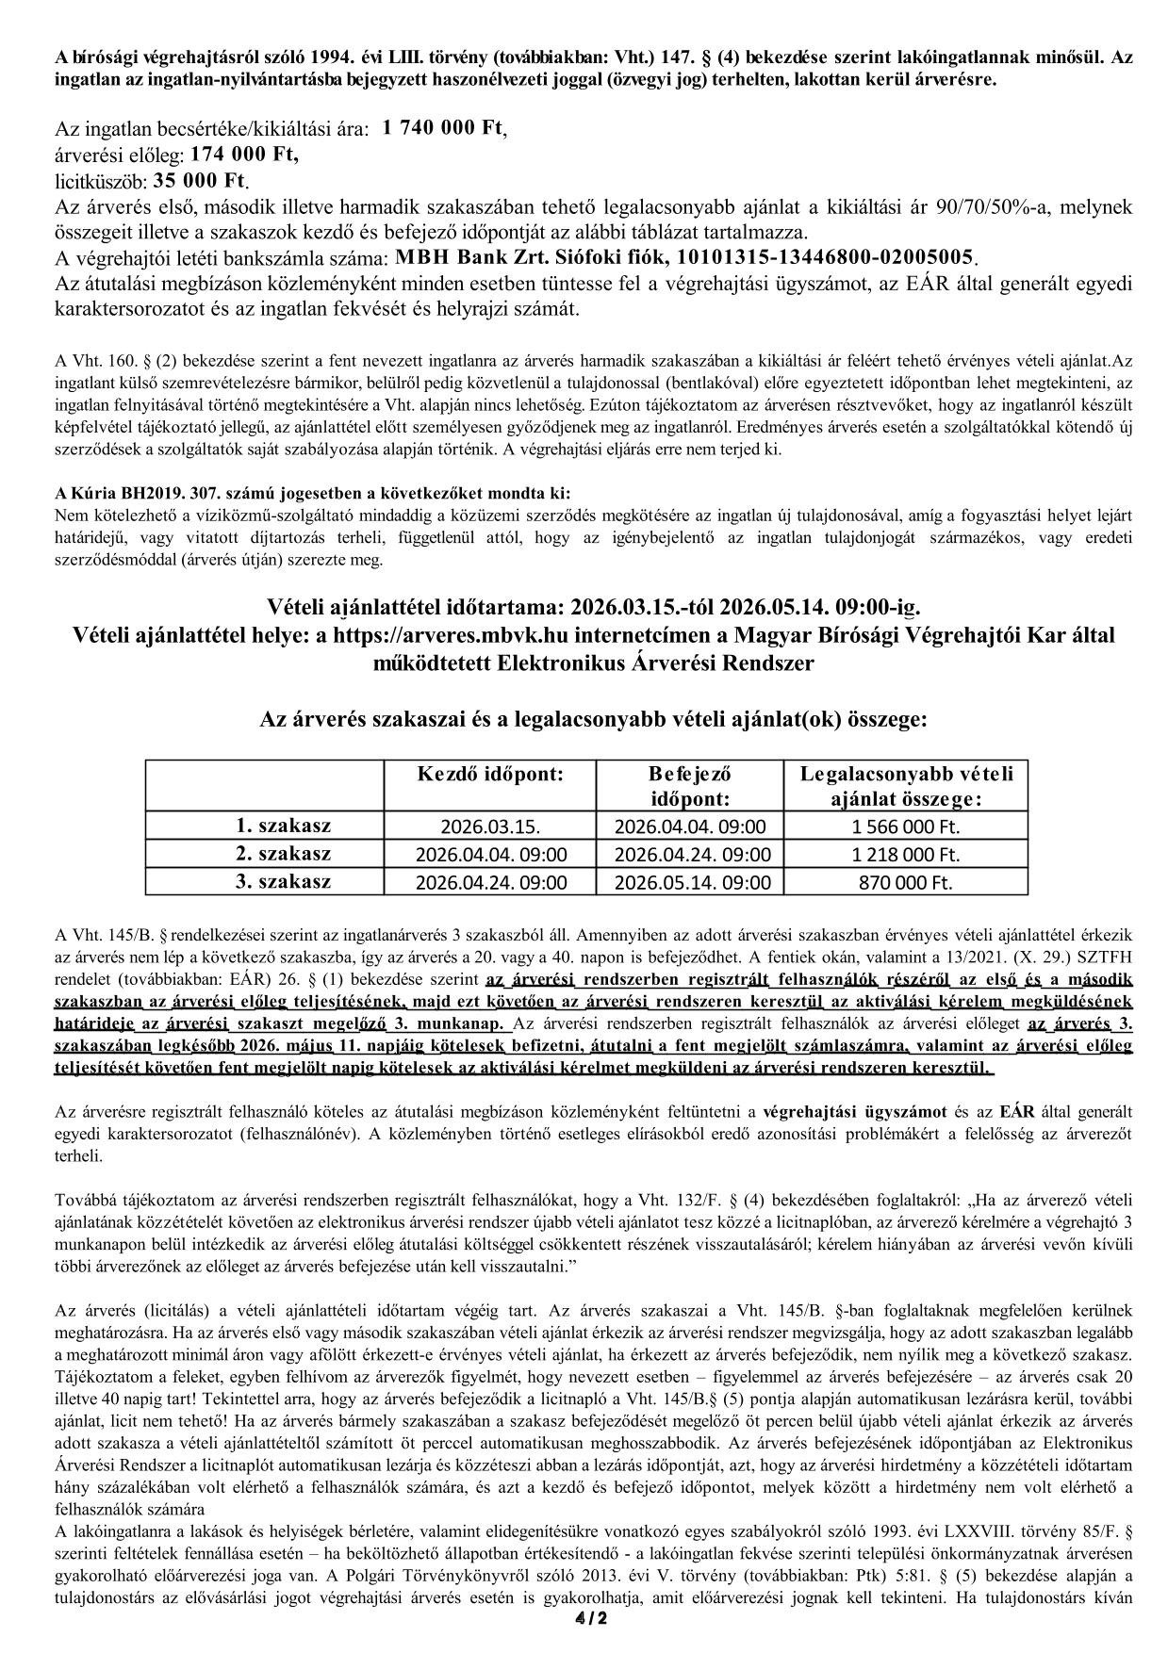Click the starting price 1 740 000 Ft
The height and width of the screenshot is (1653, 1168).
pos(443,129)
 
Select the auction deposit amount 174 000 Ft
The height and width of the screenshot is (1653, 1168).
pos(244,154)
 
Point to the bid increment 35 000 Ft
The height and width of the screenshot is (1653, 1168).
pos(198,179)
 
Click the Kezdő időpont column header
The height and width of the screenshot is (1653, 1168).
pos(490,775)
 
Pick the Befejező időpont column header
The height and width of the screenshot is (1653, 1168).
pos(691,786)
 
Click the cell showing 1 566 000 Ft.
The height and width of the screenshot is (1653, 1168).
pos(904,827)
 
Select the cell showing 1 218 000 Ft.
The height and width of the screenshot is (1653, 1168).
pos(904,855)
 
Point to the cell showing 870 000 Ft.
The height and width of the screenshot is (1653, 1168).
pos(904,883)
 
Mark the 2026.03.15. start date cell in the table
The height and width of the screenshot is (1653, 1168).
pos(490,827)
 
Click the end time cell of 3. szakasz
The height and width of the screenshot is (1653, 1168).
pos(691,883)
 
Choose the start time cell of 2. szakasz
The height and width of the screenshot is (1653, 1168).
pos(490,855)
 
